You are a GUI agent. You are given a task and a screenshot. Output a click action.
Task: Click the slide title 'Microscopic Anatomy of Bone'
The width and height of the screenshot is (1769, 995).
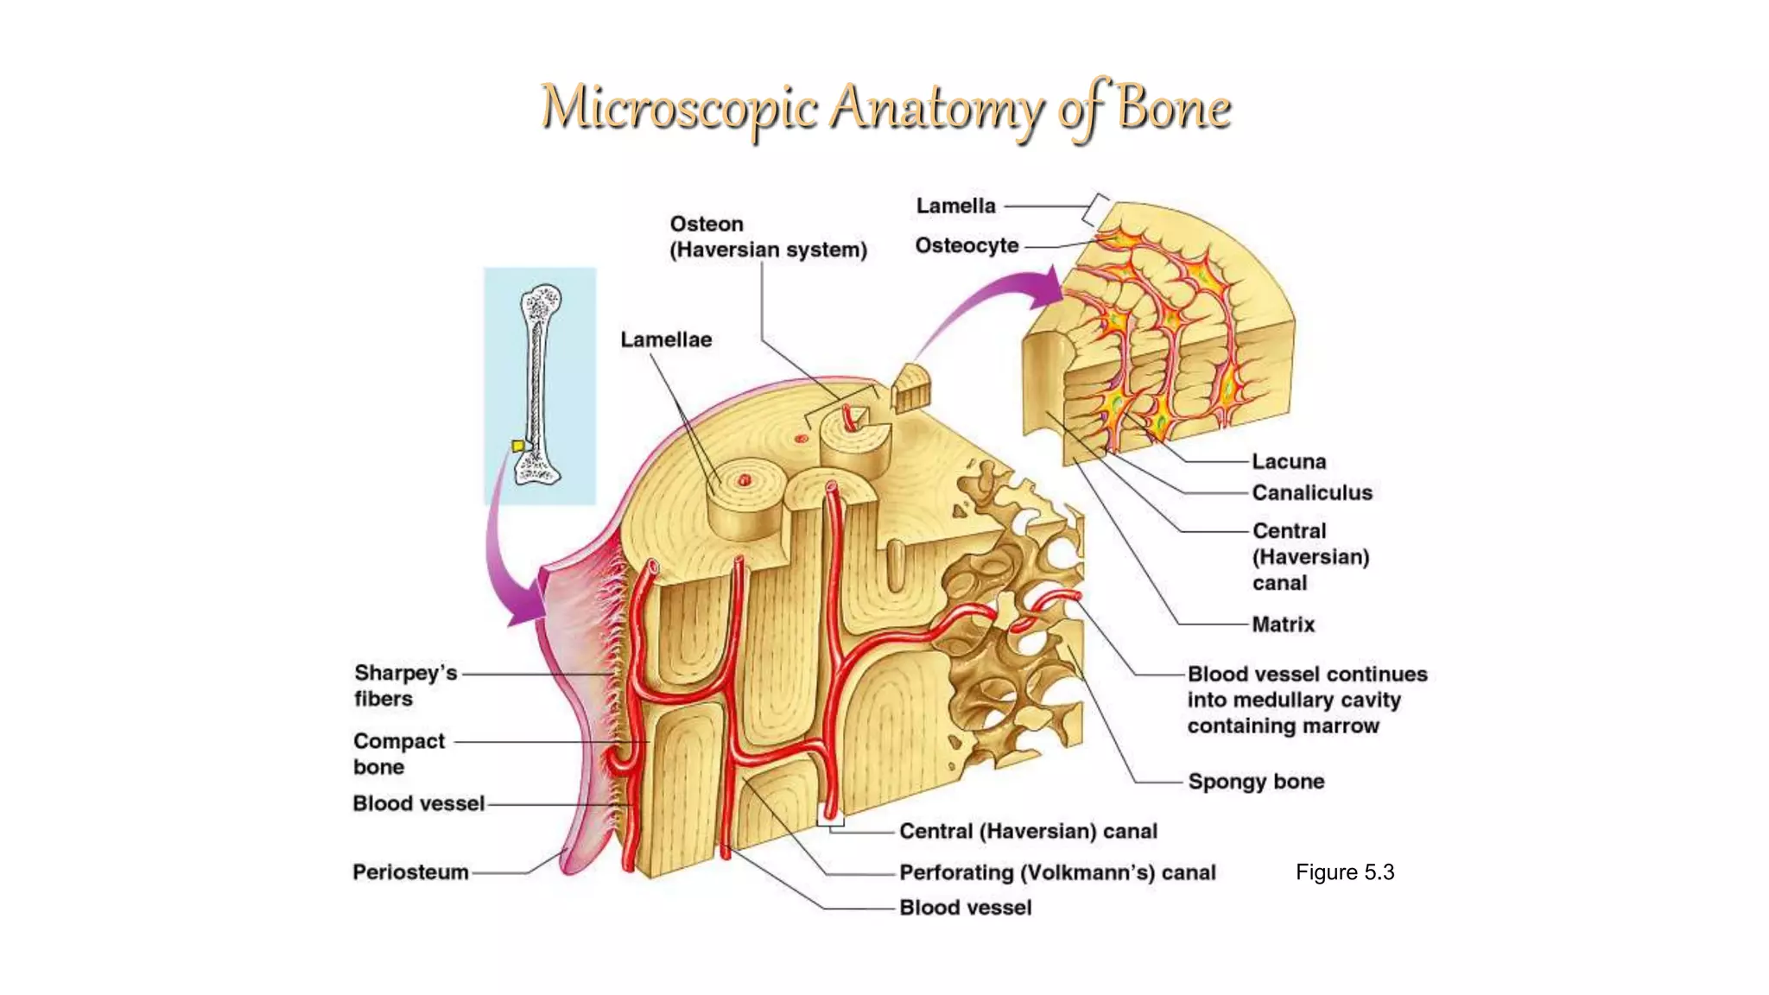[885, 109]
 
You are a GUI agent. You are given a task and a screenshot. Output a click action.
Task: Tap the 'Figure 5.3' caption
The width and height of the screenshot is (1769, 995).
[1344, 872]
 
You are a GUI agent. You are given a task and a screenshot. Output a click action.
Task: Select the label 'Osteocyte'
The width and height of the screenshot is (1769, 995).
[967, 246]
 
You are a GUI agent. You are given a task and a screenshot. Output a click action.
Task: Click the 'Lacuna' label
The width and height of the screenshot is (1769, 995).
[1289, 462]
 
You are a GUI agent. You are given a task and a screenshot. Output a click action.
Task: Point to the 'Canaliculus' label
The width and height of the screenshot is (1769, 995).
[1311, 493]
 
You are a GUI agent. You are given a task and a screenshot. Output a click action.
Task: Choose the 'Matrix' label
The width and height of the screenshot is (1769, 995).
[1283, 624]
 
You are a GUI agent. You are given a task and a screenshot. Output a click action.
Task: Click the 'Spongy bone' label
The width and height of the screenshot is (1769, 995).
[1256, 782]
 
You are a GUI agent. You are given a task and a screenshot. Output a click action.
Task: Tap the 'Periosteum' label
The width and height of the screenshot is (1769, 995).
[410, 872]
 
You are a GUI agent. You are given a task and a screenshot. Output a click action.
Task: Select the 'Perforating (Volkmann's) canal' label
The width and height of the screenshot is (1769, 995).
[1057, 873]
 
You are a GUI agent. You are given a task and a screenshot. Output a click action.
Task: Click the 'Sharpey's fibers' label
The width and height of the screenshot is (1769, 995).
[404, 686]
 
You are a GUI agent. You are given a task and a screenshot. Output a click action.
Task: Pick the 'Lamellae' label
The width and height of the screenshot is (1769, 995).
[666, 340]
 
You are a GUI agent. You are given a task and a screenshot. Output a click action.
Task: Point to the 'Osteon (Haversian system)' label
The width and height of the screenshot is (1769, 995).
[768, 238]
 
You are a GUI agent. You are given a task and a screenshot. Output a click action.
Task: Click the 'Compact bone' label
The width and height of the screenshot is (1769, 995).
[398, 754]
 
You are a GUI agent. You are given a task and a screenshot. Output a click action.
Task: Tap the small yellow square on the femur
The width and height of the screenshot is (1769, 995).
[517, 446]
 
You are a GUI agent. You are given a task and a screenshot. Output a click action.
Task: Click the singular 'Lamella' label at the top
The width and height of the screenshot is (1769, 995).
[955, 206]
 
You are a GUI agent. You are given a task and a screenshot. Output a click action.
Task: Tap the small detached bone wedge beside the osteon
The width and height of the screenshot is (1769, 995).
[911, 389]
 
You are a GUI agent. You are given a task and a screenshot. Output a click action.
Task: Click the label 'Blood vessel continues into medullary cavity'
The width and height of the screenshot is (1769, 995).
[1306, 700]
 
